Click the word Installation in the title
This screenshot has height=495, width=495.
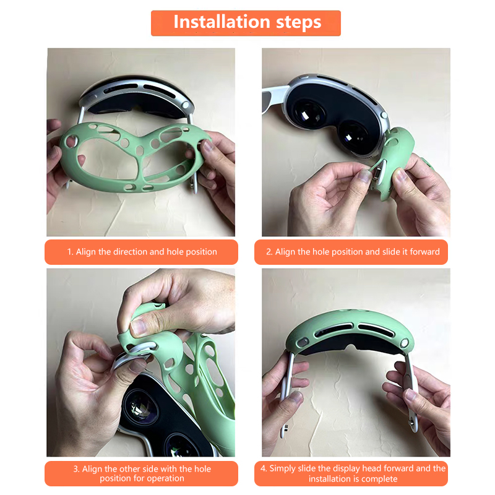pos(222,22)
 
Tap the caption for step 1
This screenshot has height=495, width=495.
pos(142,252)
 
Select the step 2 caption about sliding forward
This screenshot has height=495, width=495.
pos(353,252)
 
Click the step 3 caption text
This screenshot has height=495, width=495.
pos(142,473)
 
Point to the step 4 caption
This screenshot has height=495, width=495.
pos(353,473)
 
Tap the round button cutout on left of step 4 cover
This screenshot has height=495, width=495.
pos(303,342)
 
